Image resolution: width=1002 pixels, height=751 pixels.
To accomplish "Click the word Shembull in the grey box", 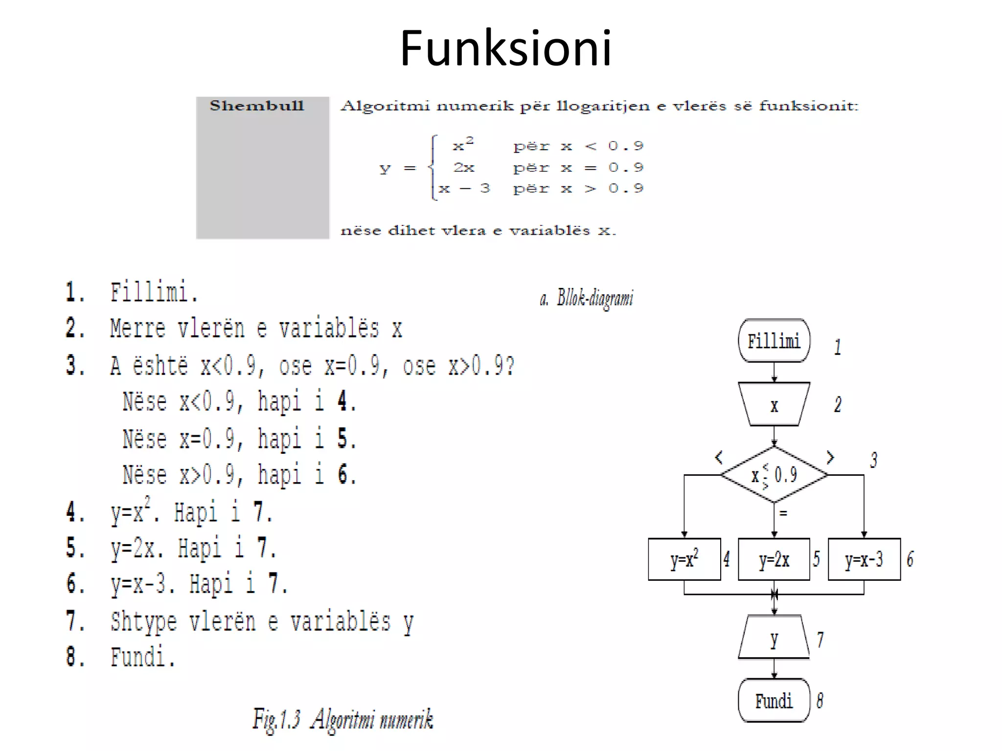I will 257,106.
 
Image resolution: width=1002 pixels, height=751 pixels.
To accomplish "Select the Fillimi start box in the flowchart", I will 774,341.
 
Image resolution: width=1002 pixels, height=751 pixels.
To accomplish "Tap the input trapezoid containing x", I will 774,405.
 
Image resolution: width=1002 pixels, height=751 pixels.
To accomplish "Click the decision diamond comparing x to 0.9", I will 774,474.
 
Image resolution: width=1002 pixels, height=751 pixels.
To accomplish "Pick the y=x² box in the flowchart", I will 684,559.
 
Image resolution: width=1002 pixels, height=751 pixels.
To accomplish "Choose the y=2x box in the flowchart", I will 774,559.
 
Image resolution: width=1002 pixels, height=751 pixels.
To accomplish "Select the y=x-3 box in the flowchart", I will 864,559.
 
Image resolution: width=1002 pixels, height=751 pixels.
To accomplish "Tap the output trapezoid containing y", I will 774,638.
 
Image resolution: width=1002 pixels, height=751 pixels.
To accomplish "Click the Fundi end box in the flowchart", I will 774,701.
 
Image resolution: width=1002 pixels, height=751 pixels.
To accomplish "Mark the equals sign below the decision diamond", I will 783,513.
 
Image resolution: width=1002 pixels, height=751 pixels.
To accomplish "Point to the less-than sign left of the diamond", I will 719,458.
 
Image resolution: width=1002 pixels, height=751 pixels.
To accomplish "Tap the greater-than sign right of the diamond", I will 830,457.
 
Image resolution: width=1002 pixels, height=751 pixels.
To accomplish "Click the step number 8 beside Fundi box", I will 820,701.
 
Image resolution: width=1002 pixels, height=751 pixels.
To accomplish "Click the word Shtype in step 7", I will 143,622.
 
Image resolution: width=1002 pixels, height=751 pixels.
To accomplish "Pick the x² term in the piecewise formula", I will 462,144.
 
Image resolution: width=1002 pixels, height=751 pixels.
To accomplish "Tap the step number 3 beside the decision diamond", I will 874,460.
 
